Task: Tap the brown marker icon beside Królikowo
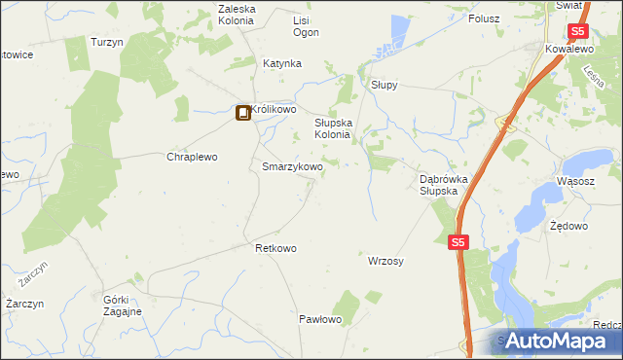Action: click(x=242, y=113)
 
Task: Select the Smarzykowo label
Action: click(x=292, y=167)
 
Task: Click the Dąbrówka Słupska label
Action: click(x=444, y=185)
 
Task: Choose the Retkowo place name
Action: click(x=275, y=248)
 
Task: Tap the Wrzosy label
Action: click(x=386, y=261)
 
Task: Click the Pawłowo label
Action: click(x=319, y=319)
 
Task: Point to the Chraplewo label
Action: click(x=191, y=157)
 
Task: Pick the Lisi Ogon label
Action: click(x=306, y=26)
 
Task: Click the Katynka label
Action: click(x=282, y=63)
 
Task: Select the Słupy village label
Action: click(x=384, y=85)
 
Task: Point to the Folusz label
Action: click(x=484, y=18)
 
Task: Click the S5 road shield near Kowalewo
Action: click(x=552, y=32)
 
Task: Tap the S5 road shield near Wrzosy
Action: click(x=458, y=242)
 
